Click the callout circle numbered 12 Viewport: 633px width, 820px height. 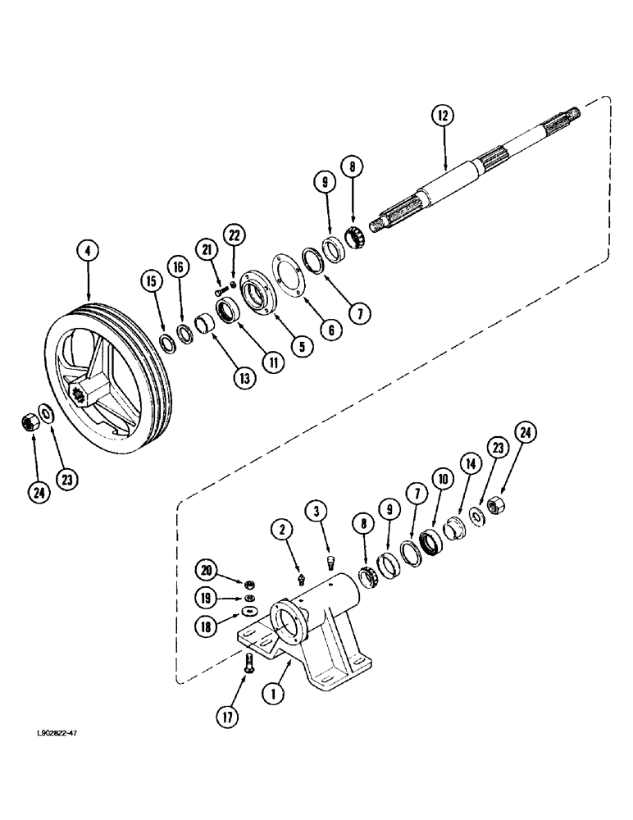[x=444, y=116]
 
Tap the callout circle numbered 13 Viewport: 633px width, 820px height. [x=244, y=377]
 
